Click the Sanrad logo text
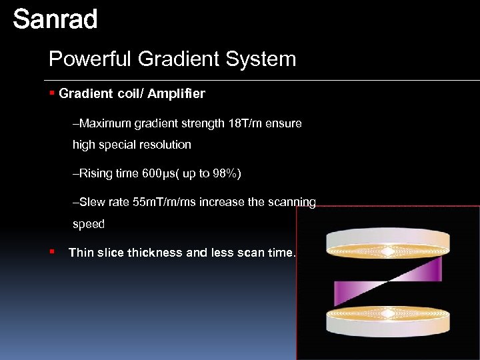55,19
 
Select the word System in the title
262,59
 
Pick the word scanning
291,202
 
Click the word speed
89,224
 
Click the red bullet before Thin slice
52,252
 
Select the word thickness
155,253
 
